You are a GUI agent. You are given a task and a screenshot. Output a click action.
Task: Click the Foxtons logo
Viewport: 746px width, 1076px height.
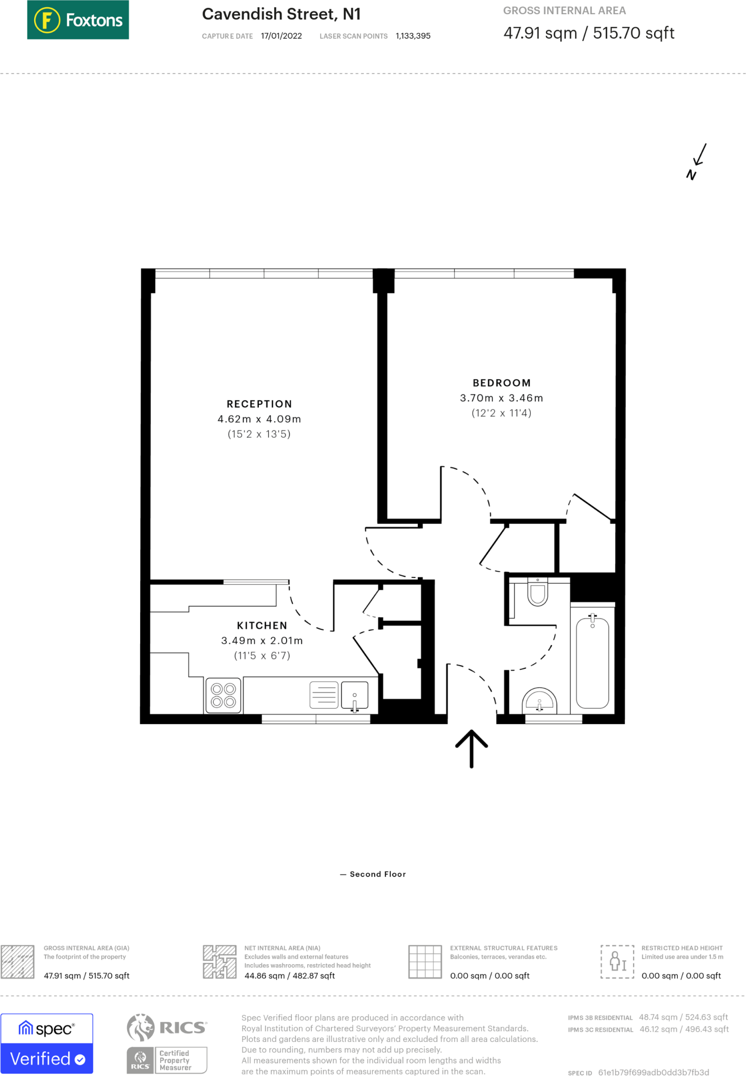(78, 20)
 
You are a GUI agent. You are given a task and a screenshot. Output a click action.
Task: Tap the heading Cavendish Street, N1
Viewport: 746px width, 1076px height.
(281, 14)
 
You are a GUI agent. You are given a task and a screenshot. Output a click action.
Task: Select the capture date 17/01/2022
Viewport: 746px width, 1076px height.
(281, 36)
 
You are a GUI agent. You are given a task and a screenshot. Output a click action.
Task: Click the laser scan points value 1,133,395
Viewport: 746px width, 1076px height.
(413, 36)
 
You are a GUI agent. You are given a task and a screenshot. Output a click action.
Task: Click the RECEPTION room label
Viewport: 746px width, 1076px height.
(259, 404)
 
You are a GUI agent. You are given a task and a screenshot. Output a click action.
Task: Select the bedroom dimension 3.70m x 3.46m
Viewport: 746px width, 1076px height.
(501, 398)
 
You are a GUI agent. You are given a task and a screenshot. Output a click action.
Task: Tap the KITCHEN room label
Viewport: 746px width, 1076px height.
(262, 626)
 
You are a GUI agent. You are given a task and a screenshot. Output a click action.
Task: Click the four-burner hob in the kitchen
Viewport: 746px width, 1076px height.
(223, 695)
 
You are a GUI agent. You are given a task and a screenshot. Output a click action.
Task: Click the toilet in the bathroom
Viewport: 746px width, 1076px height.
(538, 592)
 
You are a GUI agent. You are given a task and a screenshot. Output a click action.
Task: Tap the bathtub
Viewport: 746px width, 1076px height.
(592, 663)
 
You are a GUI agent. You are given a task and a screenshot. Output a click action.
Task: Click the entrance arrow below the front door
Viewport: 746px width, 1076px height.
(471, 748)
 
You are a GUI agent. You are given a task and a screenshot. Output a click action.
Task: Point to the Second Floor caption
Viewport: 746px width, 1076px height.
(377, 874)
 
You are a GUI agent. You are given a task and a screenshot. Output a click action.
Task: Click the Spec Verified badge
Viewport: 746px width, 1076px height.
(47, 1043)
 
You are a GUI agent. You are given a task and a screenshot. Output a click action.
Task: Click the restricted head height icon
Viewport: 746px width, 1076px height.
(617, 961)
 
